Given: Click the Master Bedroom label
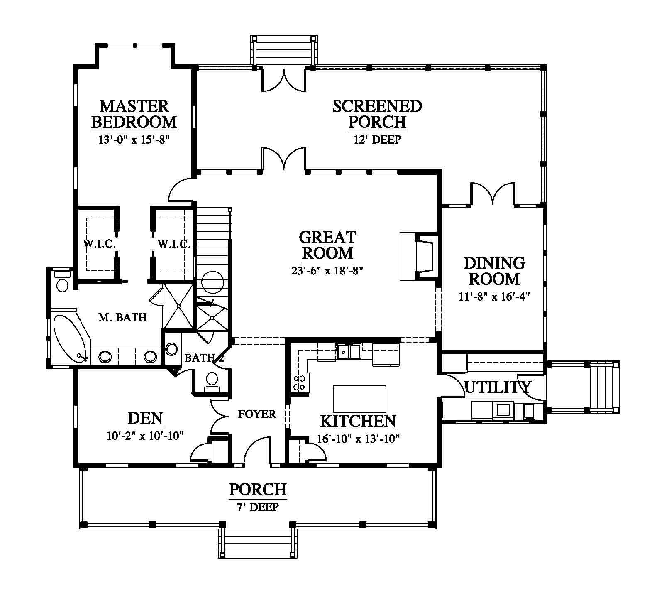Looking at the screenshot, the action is (x=134, y=114).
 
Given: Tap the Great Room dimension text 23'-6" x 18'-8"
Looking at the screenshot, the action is (x=327, y=271).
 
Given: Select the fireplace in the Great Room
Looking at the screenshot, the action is (x=419, y=257).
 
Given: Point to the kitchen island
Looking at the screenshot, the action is (x=359, y=398).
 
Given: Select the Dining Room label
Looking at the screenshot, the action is (x=494, y=271).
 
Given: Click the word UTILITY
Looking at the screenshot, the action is (x=497, y=387).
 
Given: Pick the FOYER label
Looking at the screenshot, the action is (x=257, y=414).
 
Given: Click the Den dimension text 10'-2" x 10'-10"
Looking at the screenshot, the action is (x=145, y=436).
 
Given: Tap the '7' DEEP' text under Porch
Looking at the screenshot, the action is (x=257, y=507).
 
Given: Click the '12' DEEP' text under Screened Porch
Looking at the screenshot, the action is (x=377, y=140).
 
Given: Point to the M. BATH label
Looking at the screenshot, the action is (x=122, y=318).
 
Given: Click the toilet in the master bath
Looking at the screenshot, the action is (x=63, y=281).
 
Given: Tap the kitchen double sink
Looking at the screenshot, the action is (x=349, y=351).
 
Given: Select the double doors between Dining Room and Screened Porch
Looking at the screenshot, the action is (x=493, y=194).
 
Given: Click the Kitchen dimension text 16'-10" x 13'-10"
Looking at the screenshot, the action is (x=359, y=439).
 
